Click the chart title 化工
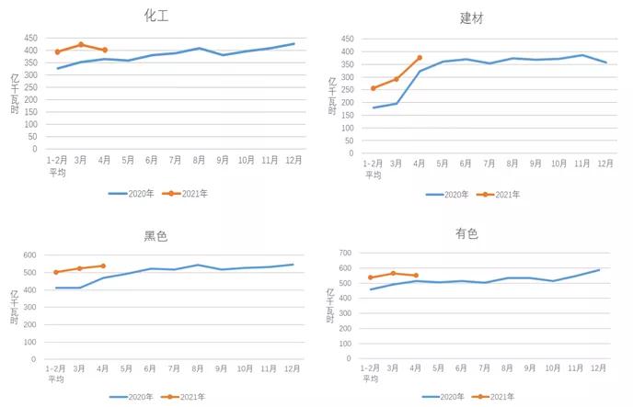(x=156, y=15)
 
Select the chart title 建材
(x=472, y=17)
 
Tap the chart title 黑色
(x=155, y=235)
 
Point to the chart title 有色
(x=466, y=233)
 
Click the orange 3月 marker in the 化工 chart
(x=81, y=44)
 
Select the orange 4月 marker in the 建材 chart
(x=420, y=58)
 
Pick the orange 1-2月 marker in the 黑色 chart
(x=56, y=272)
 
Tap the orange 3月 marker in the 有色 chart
(x=393, y=273)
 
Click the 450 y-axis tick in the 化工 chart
(x=30, y=39)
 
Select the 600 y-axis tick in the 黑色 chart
(x=29, y=255)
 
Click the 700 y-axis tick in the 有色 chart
(x=346, y=253)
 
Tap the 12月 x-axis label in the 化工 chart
(x=293, y=160)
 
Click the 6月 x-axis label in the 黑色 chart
(x=151, y=369)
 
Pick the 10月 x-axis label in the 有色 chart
(x=552, y=367)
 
